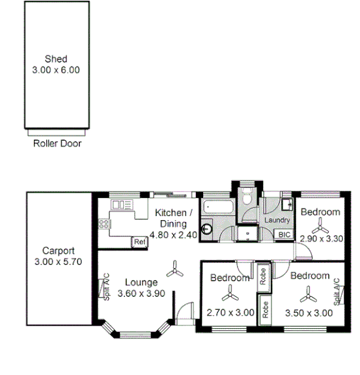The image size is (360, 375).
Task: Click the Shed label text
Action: coord(57,58)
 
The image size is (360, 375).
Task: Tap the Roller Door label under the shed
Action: coord(57,143)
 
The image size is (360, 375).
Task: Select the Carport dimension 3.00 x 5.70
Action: coord(59,262)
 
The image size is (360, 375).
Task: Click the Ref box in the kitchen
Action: coord(139,242)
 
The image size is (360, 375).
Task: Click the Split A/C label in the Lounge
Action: coord(105,286)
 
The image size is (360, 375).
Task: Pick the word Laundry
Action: coord(276,221)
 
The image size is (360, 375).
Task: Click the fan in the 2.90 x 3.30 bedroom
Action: coord(320,226)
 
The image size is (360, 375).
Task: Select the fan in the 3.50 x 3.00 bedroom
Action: coord(308,296)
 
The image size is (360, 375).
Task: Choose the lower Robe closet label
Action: coord(265,309)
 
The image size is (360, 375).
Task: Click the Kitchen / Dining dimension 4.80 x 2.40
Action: coord(173,234)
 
